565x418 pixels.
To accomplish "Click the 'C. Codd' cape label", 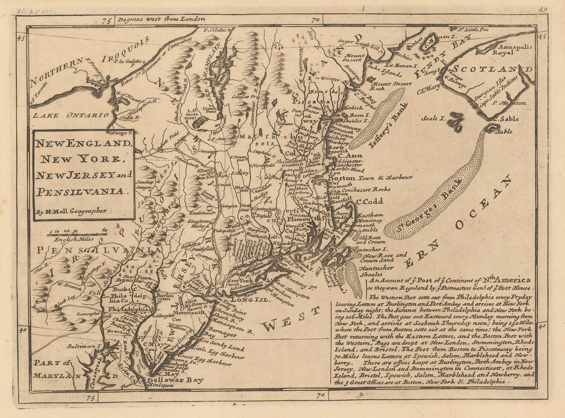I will pos(369,202).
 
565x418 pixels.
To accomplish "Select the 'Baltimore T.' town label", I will pos(83,346).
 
